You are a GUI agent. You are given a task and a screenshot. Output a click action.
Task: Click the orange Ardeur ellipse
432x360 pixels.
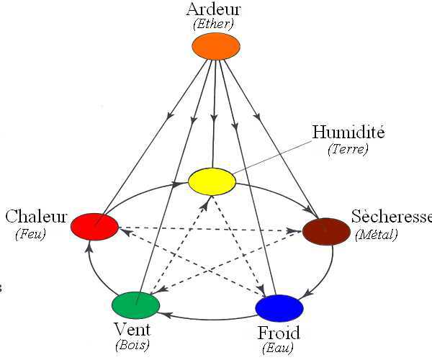pyautogui.click(x=215, y=47)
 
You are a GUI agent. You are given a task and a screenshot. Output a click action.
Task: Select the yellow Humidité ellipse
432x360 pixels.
pyautogui.click(x=212, y=181)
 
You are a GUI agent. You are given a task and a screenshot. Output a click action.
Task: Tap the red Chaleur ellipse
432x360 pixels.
pyautogui.click(x=94, y=227)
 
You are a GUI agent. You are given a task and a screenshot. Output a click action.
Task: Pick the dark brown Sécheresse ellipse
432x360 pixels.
pyautogui.click(x=325, y=231)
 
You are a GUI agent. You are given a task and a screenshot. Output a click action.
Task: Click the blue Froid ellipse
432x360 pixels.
pyautogui.click(x=279, y=307)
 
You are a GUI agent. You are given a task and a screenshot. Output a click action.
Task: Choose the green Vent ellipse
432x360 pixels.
pyautogui.click(x=135, y=305)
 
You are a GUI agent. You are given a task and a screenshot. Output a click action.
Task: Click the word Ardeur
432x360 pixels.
pyautogui.click(x=213, y=9)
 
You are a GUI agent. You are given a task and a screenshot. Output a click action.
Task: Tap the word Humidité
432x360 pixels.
pyautogui.click(x=348, y=132)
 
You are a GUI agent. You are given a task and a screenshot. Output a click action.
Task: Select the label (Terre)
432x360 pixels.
pyautogui.click(x=348, y=149)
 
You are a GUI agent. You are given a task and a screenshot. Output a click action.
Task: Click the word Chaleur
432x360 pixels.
pyautogui.click(x=36, y=217)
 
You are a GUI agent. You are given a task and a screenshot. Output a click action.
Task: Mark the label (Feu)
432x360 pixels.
pyautogui.click(x=30, y=234)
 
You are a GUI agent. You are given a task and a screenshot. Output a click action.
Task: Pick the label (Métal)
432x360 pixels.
pyautogui.click(x=377, y=234)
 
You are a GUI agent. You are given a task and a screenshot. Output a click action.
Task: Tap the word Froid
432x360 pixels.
pyautogui.click(x=279, y=333)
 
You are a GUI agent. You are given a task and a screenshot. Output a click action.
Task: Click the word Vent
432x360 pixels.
pyautogui.click(x=132, y=330)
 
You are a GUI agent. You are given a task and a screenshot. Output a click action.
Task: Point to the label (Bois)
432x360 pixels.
pyautogui.click(x=132, y=345)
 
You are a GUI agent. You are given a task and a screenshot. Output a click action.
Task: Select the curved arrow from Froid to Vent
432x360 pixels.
pyautogui.click(x=209, y=317)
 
